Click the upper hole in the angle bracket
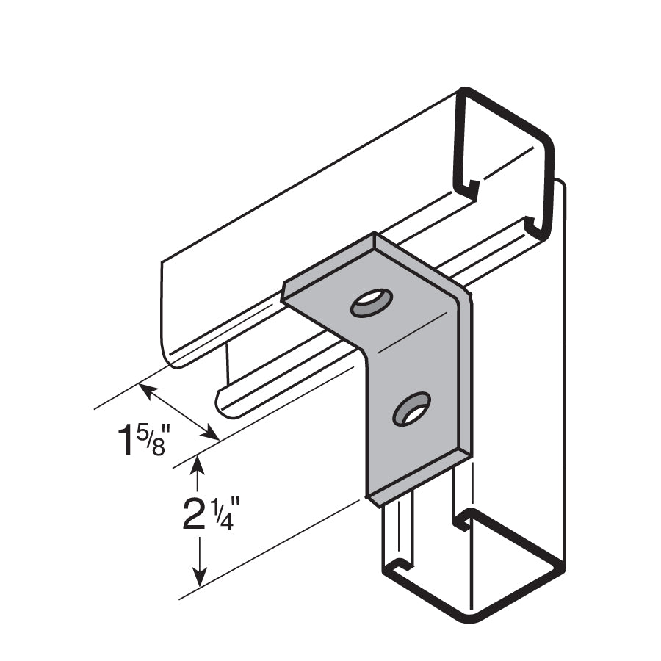click(371, 302)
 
